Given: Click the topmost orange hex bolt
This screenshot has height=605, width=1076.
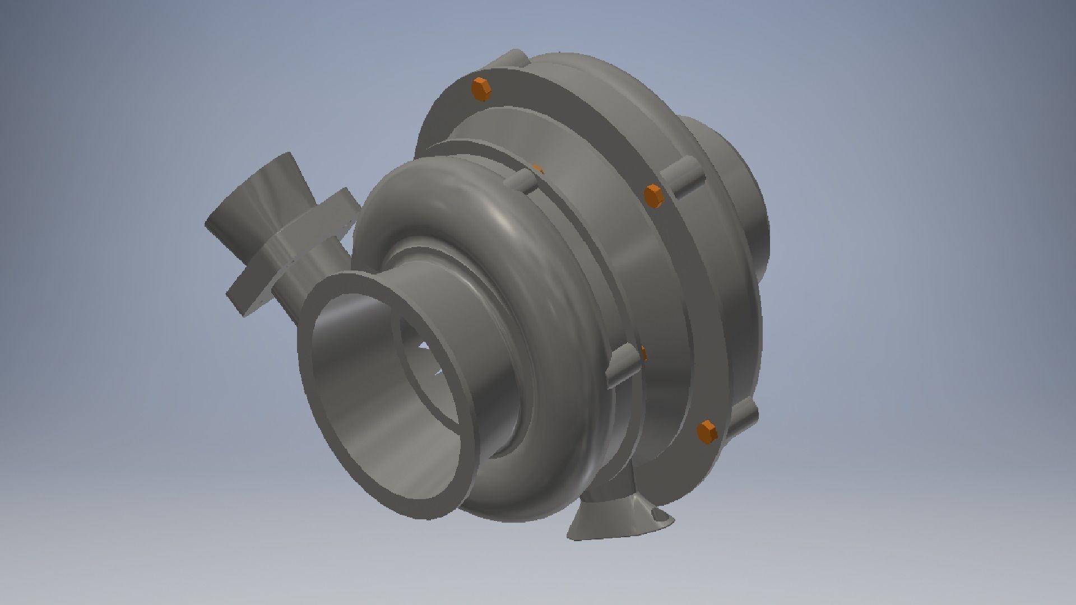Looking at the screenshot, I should (x=481, y=90).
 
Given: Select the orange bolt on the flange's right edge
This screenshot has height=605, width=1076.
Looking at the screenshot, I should (x=653, y=196).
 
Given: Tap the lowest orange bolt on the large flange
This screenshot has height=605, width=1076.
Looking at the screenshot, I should (x=707, y=432).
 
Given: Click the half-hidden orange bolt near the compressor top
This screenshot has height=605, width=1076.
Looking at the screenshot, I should (x=537, y=169).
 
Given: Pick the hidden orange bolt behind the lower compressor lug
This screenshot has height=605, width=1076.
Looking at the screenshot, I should (x=643, y=353).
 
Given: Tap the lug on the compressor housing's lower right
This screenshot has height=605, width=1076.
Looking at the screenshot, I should (x=622, y=366).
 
